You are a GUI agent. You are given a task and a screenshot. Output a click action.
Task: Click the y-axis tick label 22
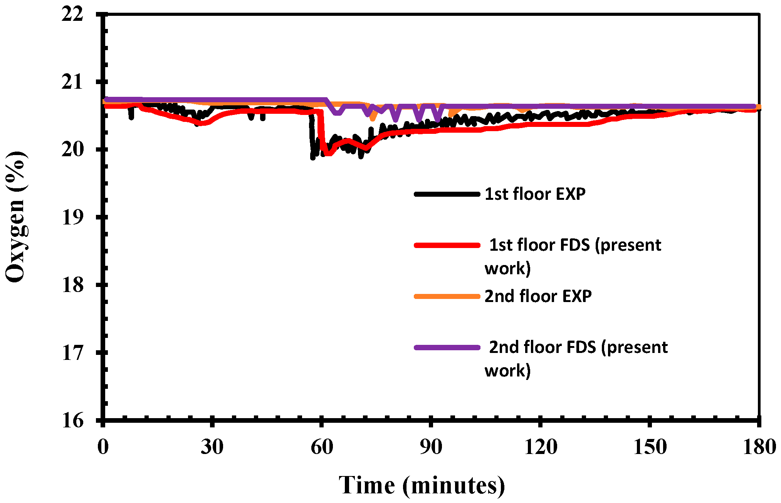(72, 15)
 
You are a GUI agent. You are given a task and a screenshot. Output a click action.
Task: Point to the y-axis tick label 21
(72, 82)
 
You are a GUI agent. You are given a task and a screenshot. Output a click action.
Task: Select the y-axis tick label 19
(72, 218)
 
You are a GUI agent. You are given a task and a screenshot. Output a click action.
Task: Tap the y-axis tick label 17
(72, 353)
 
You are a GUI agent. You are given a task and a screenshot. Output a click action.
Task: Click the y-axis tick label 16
(72, 420)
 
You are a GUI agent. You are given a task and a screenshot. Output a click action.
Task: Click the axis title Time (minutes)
(422, 485)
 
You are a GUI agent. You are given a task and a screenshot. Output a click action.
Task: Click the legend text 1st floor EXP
(535, 194)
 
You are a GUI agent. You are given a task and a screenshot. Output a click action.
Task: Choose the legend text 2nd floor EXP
(538, 296)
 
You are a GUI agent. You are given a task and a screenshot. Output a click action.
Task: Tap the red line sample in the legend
(447, 245)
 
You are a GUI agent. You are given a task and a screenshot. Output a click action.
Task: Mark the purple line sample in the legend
(447, 348)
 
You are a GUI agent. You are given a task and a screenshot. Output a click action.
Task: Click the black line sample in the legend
(447, 194)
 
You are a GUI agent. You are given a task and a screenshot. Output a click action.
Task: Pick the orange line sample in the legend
(447, 296)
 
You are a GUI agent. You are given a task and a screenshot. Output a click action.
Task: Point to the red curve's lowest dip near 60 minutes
(328, 154)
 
